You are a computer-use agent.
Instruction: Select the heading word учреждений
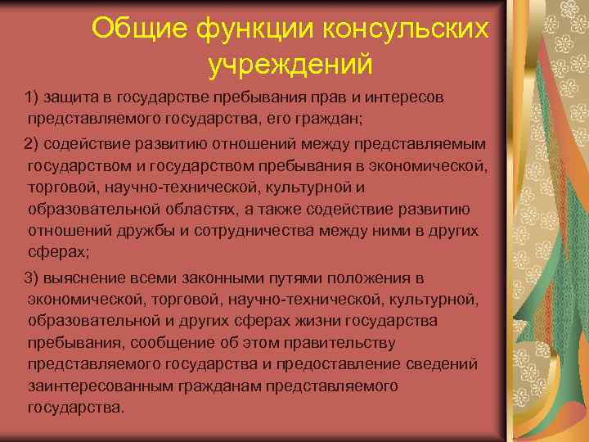point(290,63)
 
